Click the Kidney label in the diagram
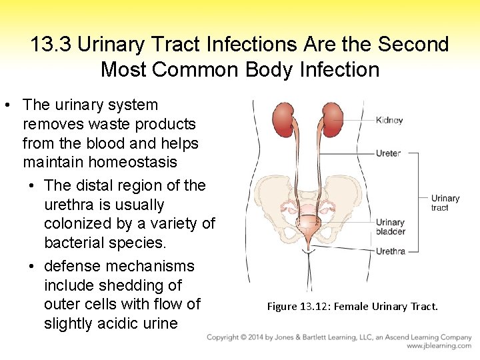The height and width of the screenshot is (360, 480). tap(389, 121)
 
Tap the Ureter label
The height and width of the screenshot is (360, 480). tap(388, 153)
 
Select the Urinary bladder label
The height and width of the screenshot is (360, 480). tap(390, 227)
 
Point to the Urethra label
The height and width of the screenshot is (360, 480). tap(390, 251)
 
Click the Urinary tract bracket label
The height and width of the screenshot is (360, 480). tap(445, 203)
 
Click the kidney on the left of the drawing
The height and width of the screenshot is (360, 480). tap(285, 124)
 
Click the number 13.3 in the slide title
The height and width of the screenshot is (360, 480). tap(51, 45)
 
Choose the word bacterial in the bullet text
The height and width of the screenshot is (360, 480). tap(81, 243)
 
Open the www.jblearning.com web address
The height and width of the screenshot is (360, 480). tap(439, 346)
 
